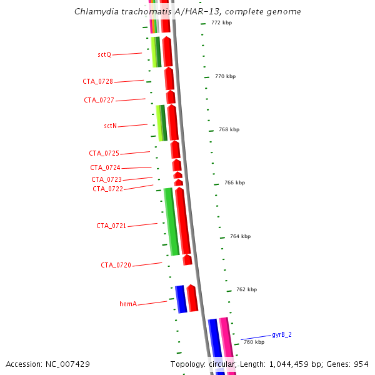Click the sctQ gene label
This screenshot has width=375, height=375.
pos(104,55)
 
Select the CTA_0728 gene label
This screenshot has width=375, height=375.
pos(98,82)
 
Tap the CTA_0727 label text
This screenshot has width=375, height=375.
pos(99,100)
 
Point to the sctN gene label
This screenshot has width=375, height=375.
pos(110,126)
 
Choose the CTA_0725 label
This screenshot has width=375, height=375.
pos(104,154)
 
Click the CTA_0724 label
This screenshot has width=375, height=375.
pos(105,167)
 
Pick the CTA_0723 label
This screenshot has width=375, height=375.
pos(106,180)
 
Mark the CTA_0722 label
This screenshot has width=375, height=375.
pos(107,189)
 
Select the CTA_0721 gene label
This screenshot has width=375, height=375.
pos(111,226)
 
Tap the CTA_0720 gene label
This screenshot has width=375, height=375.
pos(116,266)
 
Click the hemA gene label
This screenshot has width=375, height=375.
pos(127,304)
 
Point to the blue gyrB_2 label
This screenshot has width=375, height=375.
pos(281,335)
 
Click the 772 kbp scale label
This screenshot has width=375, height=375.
pos(221,23)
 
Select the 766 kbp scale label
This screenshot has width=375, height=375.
pos(234,183)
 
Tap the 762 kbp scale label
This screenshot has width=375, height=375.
pos(246,290)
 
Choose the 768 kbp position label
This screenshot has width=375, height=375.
pos(229,130)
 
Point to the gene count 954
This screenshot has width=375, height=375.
pos(361,364)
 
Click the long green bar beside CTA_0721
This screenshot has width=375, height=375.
pos(171,222)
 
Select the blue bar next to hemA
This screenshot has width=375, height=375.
pos(181,299)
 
